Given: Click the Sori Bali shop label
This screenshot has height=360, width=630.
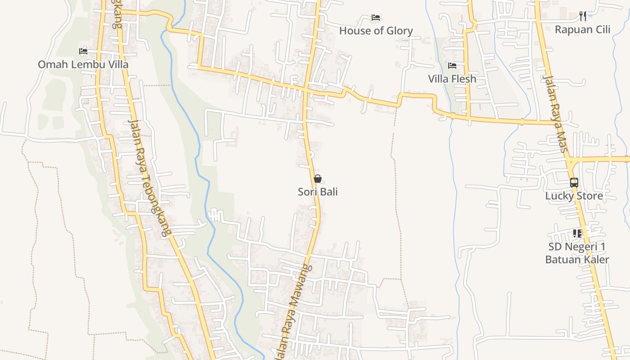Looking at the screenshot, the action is pyautogui.click(x=318, y=192).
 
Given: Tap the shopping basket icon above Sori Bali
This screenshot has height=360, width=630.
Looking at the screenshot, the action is pyautogui.click(x=318, y=179).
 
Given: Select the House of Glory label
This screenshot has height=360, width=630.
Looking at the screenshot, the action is pyautogui.click(x=376, y=31).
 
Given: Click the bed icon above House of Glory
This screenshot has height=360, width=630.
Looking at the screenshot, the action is pyautogui.click(x=376, y=18).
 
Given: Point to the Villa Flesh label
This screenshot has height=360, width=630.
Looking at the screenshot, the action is pyautogui.click(x=452, y=79).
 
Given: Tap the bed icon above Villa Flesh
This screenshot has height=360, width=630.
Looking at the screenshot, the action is pyautogui.click(x=452, y=66).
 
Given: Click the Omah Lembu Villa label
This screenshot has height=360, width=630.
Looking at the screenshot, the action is pyautogui.click(x=83, y=64).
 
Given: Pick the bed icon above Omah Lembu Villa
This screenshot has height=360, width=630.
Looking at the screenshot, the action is pyautogui.click(x=83, y=51).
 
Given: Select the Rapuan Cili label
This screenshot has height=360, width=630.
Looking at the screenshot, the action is pyautogui.click(x=582, y=30).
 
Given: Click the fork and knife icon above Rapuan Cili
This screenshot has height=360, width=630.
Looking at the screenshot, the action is pyautogui.click(x=583, y=16).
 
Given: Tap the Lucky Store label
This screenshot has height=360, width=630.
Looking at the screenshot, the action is pyautogui.click(x=574, y=196).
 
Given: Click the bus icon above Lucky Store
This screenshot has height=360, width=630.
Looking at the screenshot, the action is pyautogui.click(x=574, y=182).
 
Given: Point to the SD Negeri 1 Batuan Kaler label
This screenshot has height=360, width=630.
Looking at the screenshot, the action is pyautogui.click(x=577, y=253).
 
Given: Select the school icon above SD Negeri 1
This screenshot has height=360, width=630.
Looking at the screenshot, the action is pyautogui.click(x=577, y=233).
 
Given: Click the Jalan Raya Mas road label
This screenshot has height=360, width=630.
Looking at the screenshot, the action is pyautogui.click(x=554, y=113).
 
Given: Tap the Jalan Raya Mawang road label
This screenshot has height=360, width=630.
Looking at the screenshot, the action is pyautogui.click(x=293, y=310).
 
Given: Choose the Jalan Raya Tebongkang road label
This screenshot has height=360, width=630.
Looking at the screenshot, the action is pyautogui.click(x=149, y=178).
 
